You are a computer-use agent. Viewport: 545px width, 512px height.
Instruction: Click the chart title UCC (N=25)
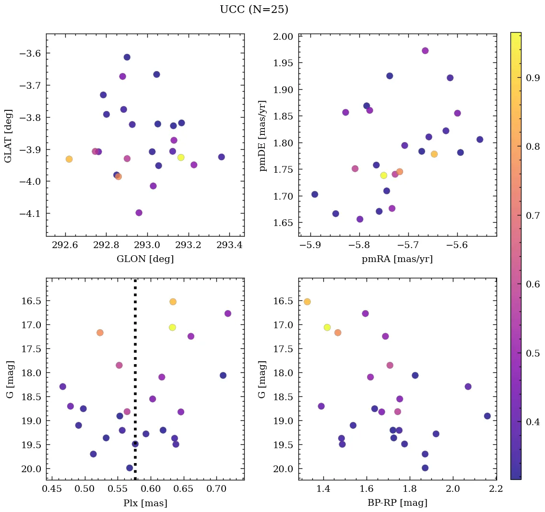pyautogui.click(x=254, y=10)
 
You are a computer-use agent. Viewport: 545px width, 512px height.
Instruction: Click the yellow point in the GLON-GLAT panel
pyautogui.click(x=181, y=157)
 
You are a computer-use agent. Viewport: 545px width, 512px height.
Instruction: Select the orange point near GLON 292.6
pyautogui.click(x=69, y=159)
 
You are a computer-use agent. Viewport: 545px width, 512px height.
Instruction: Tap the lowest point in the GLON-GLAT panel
pyautogui.click(x=139, y=213)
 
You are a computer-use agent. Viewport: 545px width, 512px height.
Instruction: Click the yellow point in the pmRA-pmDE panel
pyautogui.click(x=384, y=175)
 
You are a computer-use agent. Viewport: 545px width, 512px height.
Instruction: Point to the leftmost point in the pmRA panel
pyautogui.click(x=315, y=194)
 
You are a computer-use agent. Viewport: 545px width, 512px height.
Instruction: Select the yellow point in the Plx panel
pyautogui.click(x=172, y=327)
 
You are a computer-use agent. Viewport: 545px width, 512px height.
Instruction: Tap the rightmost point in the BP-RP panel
pyautogui.click(x=487, y=416)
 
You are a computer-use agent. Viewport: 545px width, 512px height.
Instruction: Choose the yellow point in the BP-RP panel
pyautogui.click(x=327, y=327)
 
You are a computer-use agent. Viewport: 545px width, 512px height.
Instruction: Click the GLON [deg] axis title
pyautogui.click(x=145, y=259)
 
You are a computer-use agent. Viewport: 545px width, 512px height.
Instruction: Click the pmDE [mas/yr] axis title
pyautogui.click(x=262, y=135)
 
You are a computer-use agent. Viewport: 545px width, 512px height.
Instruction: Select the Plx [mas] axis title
pyautogui.click(x=145, y=503)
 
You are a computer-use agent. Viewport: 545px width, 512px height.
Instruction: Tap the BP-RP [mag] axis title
pyautogui.click(x=397, y=503)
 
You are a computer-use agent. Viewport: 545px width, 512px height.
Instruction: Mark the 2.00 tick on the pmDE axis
pyautogui.click(x=283, y=36)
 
